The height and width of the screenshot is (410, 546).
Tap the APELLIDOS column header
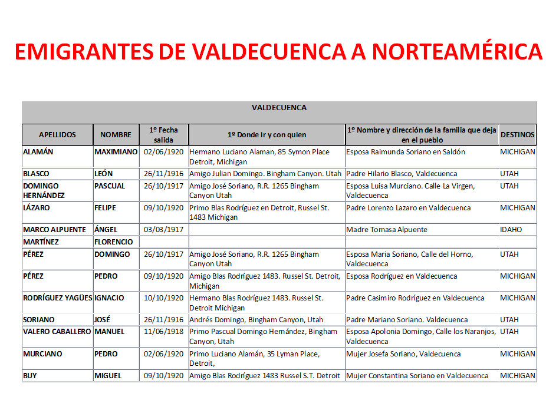(57, 135)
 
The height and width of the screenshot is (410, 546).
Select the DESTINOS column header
(518, 135)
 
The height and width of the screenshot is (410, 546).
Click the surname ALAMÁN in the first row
(38, 152)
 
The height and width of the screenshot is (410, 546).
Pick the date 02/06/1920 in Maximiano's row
(164, 152)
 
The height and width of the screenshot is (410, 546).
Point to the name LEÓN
(105, 174)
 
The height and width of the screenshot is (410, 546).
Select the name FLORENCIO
(114, 242)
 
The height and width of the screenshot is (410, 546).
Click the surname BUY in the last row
(30, 376)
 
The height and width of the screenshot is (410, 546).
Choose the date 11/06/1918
(164, 332)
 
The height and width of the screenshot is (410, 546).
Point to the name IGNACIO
(110, 298)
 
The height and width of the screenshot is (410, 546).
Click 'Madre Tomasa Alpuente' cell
(387, 230)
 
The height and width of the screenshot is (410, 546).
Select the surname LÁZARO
(37, 208)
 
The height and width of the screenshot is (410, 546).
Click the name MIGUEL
(108, 376)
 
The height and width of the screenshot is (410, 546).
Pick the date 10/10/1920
(164, 298)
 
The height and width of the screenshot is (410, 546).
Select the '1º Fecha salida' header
(164, 135)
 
